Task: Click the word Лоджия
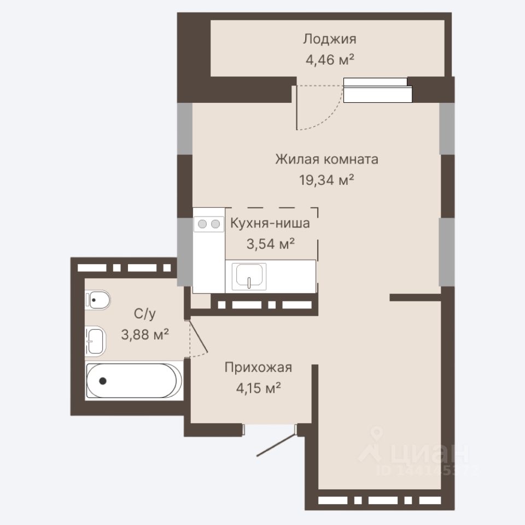[x=329, y=39]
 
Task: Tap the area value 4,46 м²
[x=330, y=60]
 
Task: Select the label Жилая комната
[x=327, y=159]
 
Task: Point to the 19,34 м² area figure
[x=326, y=180]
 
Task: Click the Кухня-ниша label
[x=270, y=223]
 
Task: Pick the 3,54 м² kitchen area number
[x=271, y=244]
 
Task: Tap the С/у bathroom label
[x=144, y=314]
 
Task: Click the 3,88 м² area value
[x=144, y=334]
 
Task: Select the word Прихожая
[x=258, y=367]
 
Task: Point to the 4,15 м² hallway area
[x=258, y=388]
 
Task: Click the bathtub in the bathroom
[x=134, y=381]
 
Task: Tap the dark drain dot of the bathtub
[x=103, y=381]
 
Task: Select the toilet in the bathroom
[x=97, y=300]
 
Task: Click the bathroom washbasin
[x=95, y=341]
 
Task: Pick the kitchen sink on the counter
[x=249, y=276]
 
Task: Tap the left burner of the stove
[x=202, y=224]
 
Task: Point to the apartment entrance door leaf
[x=276, y=445]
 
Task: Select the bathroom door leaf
[x=199, y=337]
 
